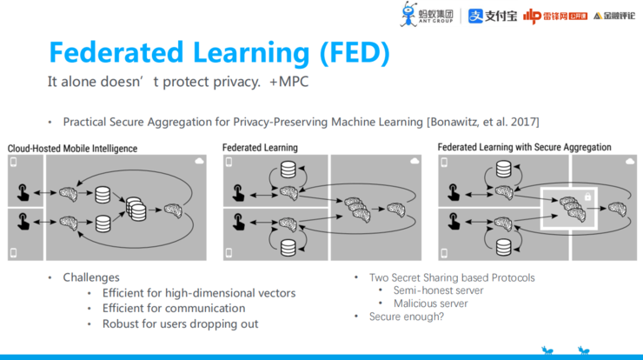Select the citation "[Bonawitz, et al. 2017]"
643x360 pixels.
coord(483,122)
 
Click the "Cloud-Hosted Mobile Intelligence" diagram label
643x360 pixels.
coord(72,149)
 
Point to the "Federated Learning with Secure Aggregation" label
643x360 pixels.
coord(524,148)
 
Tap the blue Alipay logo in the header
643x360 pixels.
coord(493,16)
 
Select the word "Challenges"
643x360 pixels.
coord(90,277)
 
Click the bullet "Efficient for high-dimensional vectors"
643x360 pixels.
coord(198,293)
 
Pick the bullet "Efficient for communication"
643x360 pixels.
coord(173,308)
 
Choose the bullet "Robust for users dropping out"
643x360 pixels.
coord(180,323)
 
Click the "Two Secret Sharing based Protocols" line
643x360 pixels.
coord(452,277)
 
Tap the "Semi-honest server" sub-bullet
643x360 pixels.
coord(438,290)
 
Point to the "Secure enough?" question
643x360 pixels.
coord(408,317)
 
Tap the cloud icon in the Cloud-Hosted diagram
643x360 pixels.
coord(201,162)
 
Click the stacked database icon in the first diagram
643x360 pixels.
coord(135,209)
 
